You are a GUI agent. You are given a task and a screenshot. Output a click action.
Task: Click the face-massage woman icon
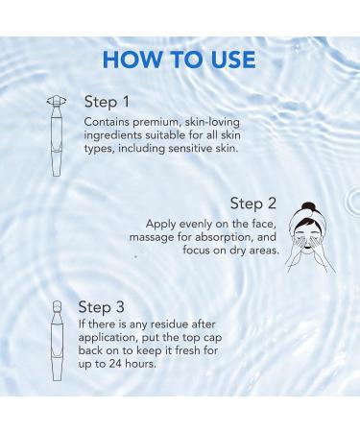pyautogui.click(x=308, y=234)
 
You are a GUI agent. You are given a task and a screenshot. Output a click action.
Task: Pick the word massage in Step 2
pyautogui.click(x=155, y=237)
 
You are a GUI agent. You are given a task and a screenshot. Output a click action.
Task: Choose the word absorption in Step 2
pyautogui.click(x=218, y=237)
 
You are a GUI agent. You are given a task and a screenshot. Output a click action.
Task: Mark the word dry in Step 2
pyautogui.click(x=232, y=251)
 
